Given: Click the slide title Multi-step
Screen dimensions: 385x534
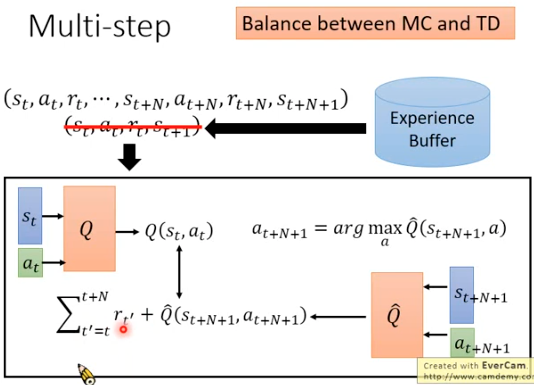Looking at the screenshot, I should tap(100, 26).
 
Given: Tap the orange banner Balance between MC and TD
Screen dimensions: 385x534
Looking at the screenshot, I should tap(375, 23).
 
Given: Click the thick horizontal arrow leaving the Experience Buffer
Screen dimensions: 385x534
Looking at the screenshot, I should tap(286, 129).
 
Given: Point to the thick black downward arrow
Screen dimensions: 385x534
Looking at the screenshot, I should tap(130, 157).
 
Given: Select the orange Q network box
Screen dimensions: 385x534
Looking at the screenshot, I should tap(89, 228).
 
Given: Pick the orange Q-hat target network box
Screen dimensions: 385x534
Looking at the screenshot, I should tap(397, 315).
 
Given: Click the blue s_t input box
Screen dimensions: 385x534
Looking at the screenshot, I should tap(30, 216).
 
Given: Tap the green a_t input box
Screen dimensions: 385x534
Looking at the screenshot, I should tap(30, 263).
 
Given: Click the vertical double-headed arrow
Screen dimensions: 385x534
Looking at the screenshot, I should tap(179, 272).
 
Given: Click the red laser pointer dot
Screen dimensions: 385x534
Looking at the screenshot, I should tap(123, 329).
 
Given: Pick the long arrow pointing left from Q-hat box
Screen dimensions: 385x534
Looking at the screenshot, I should tap(338, 317).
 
